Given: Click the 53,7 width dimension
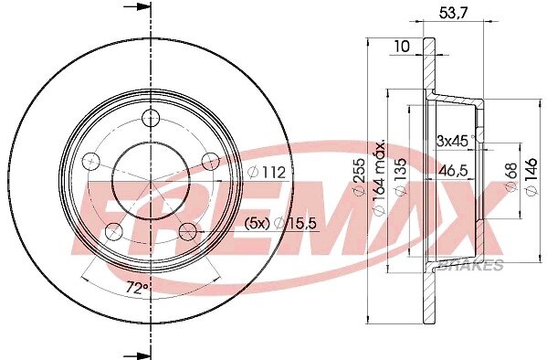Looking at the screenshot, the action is pos(453,14).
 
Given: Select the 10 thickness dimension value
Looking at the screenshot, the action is pos(402,46).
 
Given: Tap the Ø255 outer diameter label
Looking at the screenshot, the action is pos(359,176).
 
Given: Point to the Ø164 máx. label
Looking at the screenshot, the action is pos(379,178).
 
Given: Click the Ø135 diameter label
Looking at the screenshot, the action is pos(401,176).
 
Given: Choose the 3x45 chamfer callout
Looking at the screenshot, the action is pos(452,141).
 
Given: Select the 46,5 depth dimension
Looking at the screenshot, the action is pos(453,171).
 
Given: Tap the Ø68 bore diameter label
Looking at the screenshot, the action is pos(511,176).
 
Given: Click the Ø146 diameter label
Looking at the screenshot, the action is pos(531,176).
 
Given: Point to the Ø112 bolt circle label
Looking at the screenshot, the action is pos(267,172).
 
